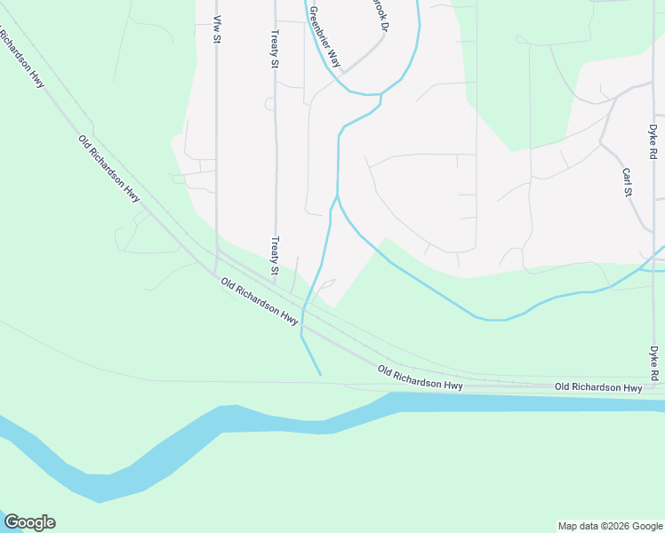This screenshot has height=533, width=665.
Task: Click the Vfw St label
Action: tap(216, 29)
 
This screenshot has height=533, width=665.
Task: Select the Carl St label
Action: tap(627, 181)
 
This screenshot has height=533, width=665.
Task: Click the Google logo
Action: tap(29, 522)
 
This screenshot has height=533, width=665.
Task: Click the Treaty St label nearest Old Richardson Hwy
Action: tap(276, 256)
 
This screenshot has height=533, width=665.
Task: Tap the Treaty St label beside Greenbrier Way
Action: tap(276, 48)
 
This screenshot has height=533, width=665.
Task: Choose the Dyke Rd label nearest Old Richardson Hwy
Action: tap(653, 364)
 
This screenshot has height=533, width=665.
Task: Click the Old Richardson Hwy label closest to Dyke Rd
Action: tap(597, 388)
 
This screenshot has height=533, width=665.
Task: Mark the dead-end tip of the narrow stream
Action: tap(320, 374)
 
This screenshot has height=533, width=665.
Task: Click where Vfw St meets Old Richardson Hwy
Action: tap(216, 270)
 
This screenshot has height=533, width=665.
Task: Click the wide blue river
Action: tap(267, 421)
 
